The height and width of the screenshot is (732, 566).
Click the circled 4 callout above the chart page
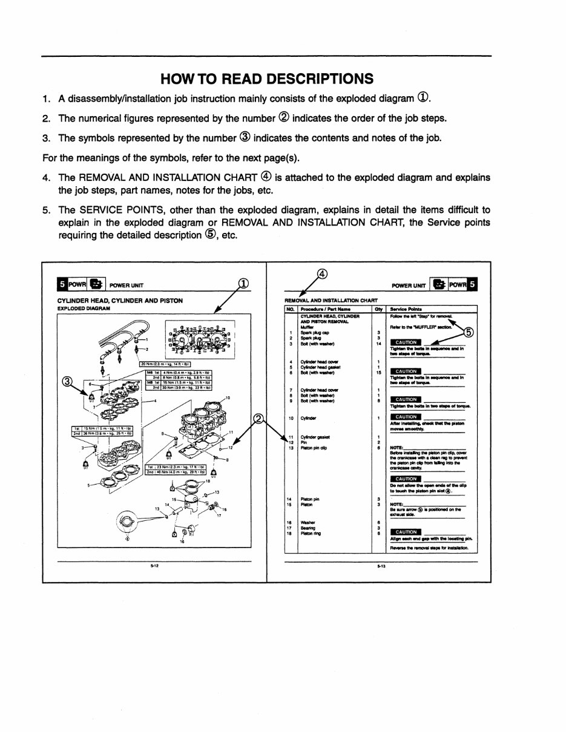(x=322, y=273)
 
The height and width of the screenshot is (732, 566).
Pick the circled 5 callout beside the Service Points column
(x=469, y=332)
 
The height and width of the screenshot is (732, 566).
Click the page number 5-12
(x=154, y=567)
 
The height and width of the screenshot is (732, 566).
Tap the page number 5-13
(x=380, y=567)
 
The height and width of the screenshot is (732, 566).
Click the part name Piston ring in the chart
(x=311, y=533)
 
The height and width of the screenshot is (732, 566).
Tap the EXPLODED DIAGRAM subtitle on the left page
(x=84, y=308)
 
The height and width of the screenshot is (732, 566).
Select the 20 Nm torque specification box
(x=165, y=364)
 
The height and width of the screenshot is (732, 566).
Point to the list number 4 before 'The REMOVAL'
(x=46, y=177)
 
